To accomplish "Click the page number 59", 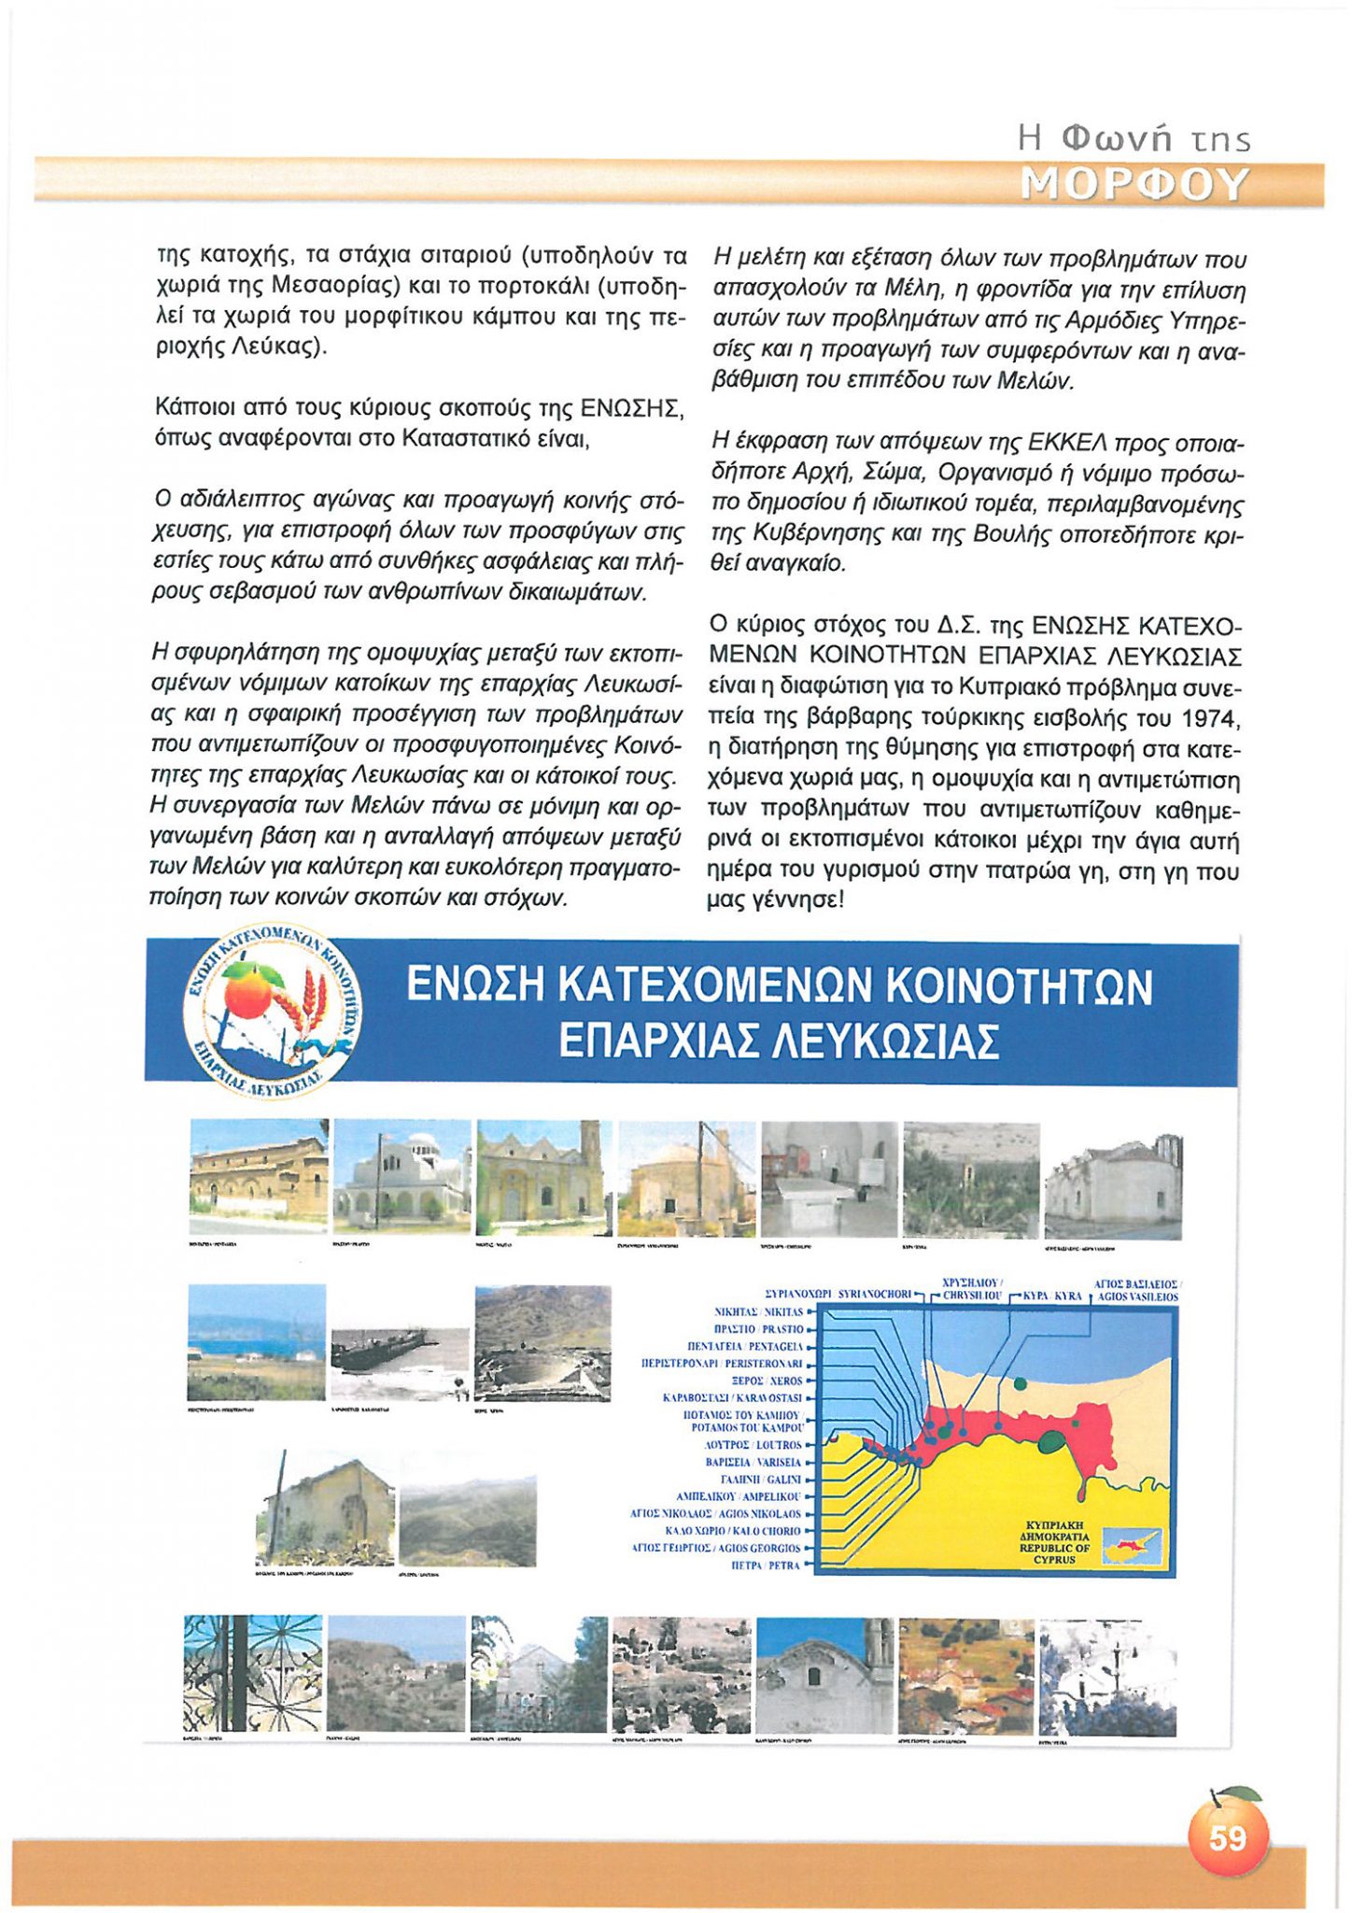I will pyautogui.click(x=1227, y=1837).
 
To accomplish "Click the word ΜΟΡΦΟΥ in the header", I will pyautogui.click(x=1135, y=185).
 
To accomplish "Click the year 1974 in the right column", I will pyautogui.click(x=1210, y=718).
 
